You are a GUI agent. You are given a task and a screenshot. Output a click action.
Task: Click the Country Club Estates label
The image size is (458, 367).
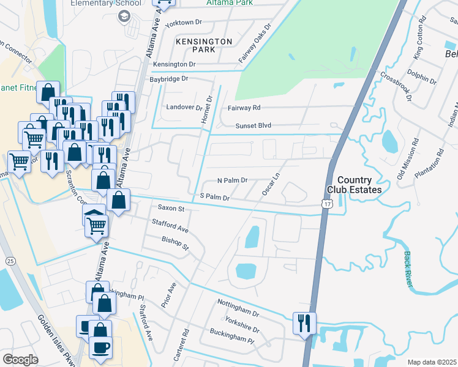tap(362, 185)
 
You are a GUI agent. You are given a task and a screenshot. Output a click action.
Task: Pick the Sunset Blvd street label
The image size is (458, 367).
tap(253, 125)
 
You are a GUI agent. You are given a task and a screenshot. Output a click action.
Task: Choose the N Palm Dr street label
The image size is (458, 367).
tap(232, 180)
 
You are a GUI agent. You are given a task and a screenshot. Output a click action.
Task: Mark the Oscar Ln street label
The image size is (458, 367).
tap(271, 183)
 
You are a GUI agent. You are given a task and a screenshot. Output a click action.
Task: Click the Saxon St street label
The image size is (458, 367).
tap(171, 209)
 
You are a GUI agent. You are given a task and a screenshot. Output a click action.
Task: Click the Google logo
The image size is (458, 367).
tap(20, 359)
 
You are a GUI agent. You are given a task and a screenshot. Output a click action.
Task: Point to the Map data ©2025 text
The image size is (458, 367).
tap(432, 362)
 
